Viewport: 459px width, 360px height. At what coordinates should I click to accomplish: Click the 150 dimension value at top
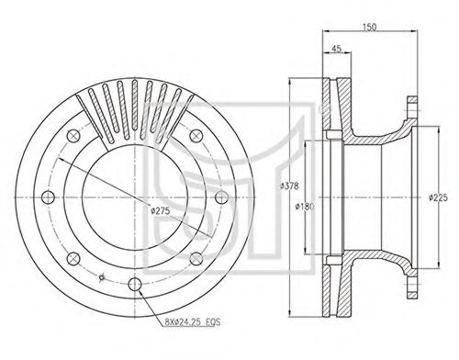coord(369,27)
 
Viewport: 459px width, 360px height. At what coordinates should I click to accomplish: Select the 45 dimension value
coord(336,49)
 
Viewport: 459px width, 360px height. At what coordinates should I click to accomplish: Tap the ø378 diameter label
coord(289,186)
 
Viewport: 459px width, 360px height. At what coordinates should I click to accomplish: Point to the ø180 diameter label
coord(305,207)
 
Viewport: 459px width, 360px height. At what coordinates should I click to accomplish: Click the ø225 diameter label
coord(438,197)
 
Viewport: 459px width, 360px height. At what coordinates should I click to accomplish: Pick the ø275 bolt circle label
coord(161,210)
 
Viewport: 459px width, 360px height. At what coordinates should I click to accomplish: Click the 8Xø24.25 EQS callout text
coord(193,321)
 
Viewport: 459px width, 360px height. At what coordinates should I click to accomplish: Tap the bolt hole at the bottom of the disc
coord(135,285)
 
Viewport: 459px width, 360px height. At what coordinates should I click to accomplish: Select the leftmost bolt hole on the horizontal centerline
coord(48,197)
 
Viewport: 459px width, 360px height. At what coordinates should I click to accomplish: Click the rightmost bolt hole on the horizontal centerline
coord(221,197)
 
